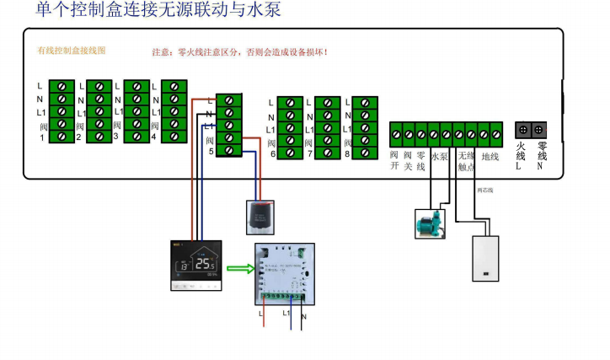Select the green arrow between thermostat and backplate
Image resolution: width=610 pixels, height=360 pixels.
pos(240,270)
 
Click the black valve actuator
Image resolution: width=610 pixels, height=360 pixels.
pos(259,217)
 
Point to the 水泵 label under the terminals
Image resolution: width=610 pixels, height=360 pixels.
pos(440,157)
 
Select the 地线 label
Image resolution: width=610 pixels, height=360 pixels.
pos(490,157)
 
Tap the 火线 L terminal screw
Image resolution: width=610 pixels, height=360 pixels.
pos(522,131)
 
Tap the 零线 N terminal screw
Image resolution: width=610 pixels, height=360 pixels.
pos(539,131)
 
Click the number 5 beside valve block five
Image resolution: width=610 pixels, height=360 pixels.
pos(211,152)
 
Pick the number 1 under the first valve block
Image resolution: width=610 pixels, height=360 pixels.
pos(42,137)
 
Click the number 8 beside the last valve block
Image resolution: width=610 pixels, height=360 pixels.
pos(345,154)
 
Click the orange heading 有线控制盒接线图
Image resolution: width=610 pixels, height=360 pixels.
pos(72,51)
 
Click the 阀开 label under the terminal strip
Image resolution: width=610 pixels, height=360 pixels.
pos(394,161)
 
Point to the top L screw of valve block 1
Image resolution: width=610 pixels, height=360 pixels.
pos(62,87)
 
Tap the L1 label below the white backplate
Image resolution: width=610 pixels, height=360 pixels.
pos(286,313)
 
